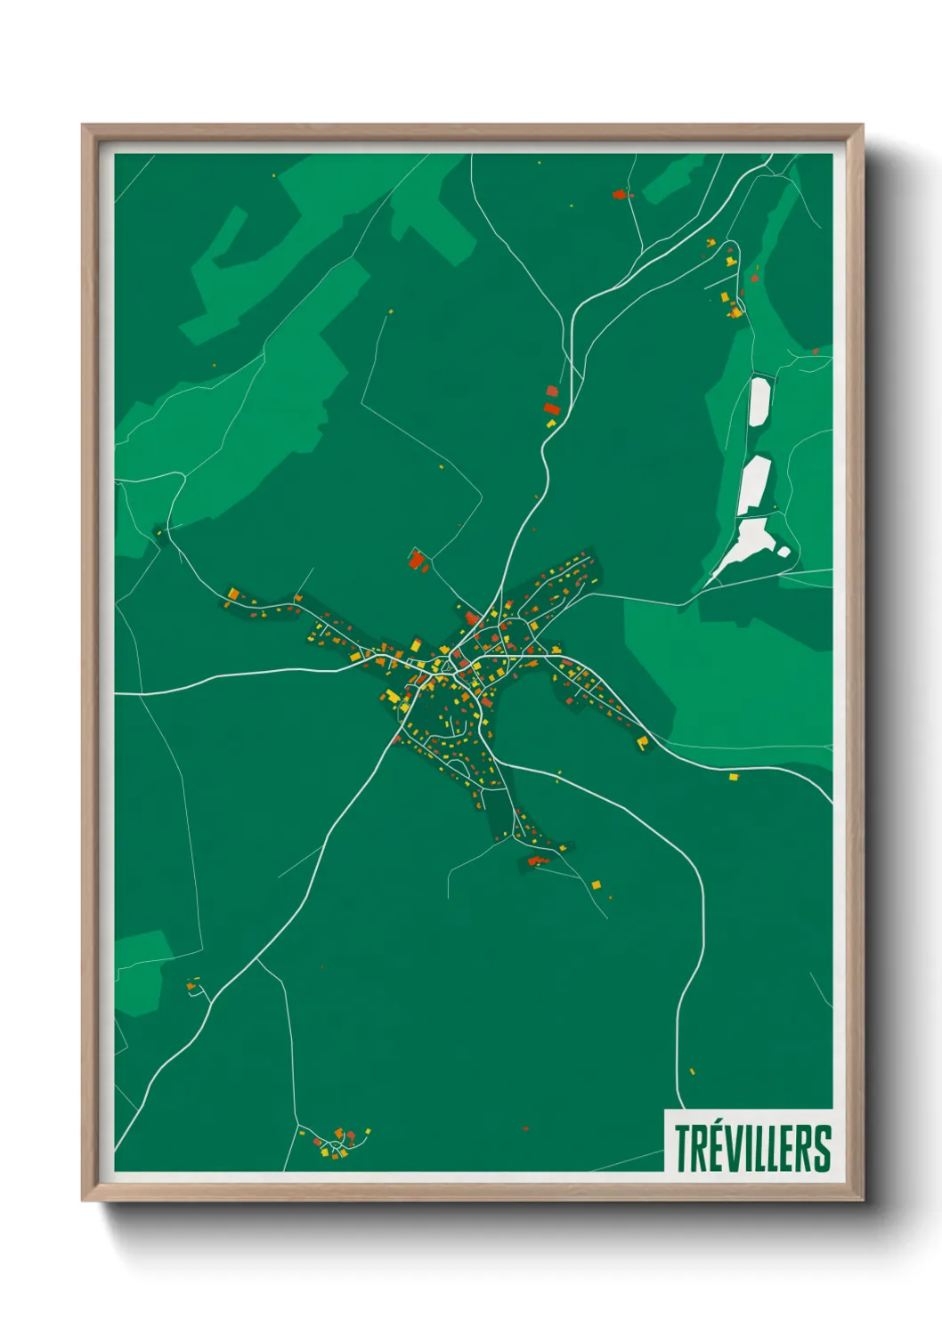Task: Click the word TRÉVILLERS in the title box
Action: (x=752, y=1149)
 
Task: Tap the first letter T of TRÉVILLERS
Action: (x=681, y=1149)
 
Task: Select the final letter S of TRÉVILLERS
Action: (x=824, y=1149)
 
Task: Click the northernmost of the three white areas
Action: (x=759, y=402)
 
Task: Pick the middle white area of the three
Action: (x=753, y=486)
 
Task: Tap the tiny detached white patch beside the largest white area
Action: (x=783, y=552)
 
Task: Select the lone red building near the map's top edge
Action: (x=620, y=193)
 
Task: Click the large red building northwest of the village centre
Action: (x=415, y=560)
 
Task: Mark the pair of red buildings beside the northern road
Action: (x=551, y=400)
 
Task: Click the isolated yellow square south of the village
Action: (x=597, y=885)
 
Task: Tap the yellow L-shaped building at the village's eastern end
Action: (x=642, y=741)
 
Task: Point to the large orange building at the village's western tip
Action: (x=232, y=593)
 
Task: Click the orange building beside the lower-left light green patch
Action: (x=191, y=986)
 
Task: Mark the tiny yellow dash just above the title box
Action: (x=692, y=1071)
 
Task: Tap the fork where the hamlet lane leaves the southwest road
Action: (x=257, y=959)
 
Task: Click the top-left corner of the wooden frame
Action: (x=84, y=126)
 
